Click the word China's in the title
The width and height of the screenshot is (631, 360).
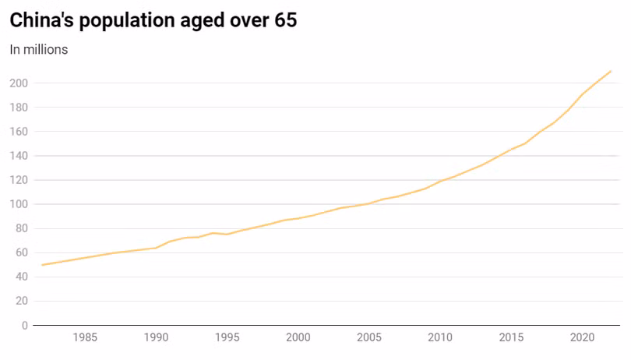tap(42, 20)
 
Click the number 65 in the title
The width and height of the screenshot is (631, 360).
tap(286, 20)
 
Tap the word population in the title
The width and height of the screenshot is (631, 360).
tap(127, 21)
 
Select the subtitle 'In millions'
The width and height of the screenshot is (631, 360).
tap(39, 50)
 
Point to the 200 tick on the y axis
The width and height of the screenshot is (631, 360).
tap(19, 83)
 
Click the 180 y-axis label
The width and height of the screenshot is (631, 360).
tap(19, 107)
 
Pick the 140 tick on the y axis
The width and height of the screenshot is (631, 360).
tap(19, 155)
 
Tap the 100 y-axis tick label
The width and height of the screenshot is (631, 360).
tap(19, 204)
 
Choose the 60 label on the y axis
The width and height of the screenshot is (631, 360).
tap(22, 252)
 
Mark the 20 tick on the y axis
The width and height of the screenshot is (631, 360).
tap(22, 301)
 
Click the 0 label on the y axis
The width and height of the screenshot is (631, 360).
tap(25, 326)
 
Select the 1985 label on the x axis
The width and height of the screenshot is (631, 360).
tap(85, 337)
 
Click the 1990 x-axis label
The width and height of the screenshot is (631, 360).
tap(156, 337)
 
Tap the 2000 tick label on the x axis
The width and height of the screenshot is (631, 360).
tap(298, 337)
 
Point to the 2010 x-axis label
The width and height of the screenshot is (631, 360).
tap(440, 337)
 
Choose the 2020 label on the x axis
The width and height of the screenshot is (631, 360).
tap(582, 337)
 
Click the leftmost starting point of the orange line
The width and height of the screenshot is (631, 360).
tap(42, 265)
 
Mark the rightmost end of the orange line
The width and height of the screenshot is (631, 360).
tap(611, 71)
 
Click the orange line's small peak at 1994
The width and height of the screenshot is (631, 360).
tap(213, 233)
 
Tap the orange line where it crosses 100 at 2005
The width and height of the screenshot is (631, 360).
tap(369, 203)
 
